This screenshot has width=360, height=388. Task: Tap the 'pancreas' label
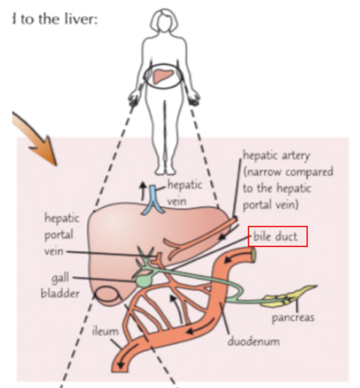tap(293, 318)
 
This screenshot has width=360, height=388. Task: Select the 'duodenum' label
tap(254, 341)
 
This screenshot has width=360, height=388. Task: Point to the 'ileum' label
tap(105, 331)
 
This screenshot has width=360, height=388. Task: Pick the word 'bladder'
tap(60, 293)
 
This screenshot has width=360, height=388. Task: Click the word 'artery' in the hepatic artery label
tap(296, 156)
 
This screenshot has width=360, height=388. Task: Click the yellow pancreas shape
tap(291, 295)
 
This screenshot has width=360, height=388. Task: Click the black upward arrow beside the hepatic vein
tap(143, 188)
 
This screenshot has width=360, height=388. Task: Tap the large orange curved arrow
tap(38, 138)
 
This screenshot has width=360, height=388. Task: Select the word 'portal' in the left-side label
tap(59, 235)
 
